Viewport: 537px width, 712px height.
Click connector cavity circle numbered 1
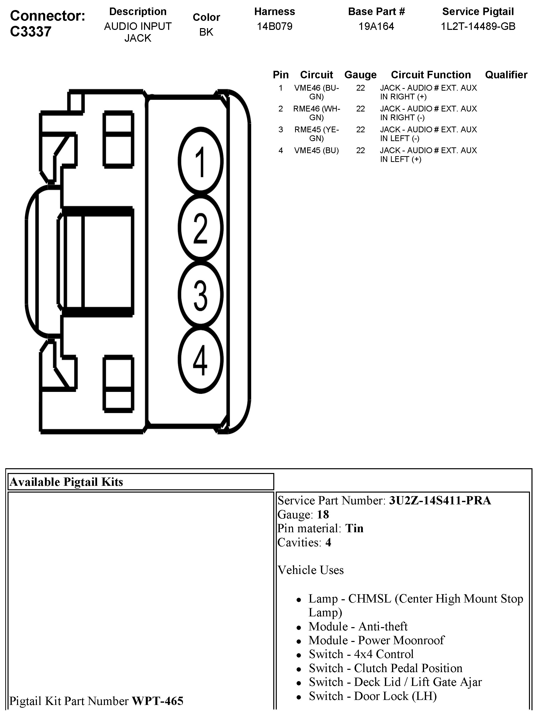click(200, 161)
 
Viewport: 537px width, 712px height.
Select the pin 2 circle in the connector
click(200, 227)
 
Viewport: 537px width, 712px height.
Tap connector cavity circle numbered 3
click(200, 294)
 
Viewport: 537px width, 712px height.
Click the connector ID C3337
click(31, 32)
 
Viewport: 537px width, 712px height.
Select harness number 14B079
click(275, 26)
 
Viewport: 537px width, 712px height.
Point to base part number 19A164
click(376, 26)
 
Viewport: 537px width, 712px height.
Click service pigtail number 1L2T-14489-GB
click(478, 26)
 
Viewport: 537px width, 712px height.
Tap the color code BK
click(206, 32)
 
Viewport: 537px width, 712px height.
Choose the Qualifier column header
click(506, 75)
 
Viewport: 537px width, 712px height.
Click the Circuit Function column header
click(431, 75)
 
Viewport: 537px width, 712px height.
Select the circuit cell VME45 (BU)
click(316, 150)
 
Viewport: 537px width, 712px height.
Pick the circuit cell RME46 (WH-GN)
click(316, 113)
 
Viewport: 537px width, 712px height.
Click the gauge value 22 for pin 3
click(360, 129)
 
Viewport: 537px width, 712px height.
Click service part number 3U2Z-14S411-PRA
click(440, 501)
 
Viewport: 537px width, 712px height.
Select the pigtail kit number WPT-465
click(157, 701)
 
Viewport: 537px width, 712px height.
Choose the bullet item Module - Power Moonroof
click(376, 640)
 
